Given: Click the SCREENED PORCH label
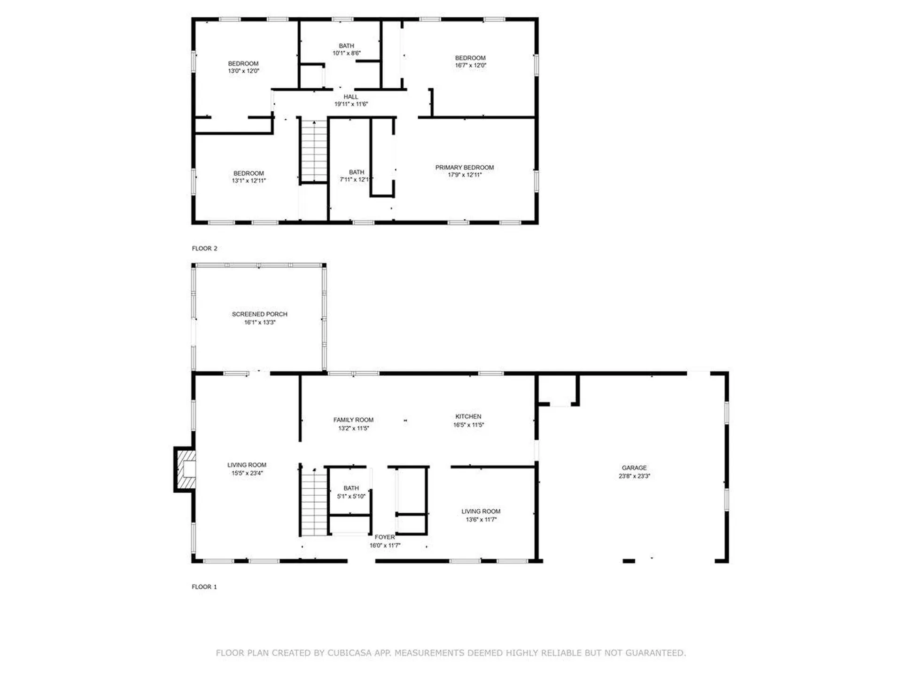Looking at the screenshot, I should point(259,314).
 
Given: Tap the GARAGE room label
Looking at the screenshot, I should point(634,468).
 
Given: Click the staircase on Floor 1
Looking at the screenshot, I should point(313,502).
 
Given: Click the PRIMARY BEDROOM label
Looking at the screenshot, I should point(464,168).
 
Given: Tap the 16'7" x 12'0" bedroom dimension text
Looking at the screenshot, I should point(470,66).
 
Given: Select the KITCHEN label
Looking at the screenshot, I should point(468,416).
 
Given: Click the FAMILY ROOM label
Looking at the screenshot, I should point(353,420).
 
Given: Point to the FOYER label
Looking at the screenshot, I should point(384,537).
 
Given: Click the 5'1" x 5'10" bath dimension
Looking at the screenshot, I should point(351,497).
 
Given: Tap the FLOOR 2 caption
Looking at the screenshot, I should point(204,248).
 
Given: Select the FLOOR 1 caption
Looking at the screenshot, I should point(204,587).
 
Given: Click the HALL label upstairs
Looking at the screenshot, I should point(350,97).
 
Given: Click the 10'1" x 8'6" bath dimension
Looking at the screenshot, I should point(347,54).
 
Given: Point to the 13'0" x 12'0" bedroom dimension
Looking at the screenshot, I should point(243,71).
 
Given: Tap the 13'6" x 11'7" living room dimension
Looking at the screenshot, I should point(481,520).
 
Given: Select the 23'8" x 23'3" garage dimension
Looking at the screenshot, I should point(634,476).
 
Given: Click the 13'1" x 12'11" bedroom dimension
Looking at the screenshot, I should point(249,181).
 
